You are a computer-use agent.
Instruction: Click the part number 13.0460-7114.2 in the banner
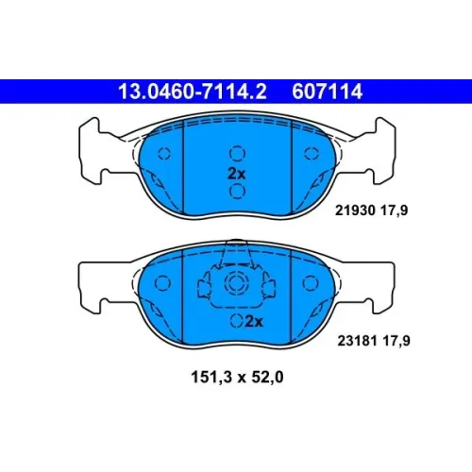(x=193, y=92)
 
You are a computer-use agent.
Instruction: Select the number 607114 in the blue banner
(x=328, y=92)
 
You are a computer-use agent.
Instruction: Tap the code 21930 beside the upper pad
(x=355, y=211)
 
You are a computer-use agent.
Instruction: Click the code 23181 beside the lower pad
(x=358, y=341)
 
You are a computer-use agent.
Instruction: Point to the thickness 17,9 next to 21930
(x=395, y=211)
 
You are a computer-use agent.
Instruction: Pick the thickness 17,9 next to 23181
(x=396, y=341)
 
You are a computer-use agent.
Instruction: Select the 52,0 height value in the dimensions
(x=267, y=377)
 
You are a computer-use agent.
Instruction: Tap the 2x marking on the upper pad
(x=237, y=174)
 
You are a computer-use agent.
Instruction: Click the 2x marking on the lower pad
(x=254, y=322)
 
